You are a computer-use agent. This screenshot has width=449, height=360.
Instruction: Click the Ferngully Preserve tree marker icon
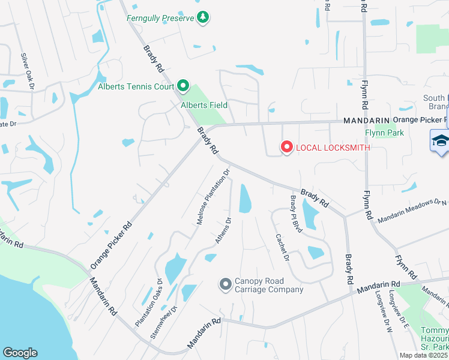(x=203, y=17)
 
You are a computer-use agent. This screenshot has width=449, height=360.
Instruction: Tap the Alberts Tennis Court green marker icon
(x=184, y=86)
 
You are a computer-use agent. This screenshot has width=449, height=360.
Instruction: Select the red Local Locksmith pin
(x=286, y=147)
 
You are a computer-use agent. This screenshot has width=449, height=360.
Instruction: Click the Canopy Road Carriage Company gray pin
(x=226, y=283)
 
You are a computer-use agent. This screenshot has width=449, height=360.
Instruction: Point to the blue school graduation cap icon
(x=440, y=141)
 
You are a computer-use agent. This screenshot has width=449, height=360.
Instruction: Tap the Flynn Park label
(x=384, y=133)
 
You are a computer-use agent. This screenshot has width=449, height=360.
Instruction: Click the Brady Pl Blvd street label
(x=295, y=214)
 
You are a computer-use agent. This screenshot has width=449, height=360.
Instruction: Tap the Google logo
(x=20, y=353)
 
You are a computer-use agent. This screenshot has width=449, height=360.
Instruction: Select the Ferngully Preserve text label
(x=160, y=18)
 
